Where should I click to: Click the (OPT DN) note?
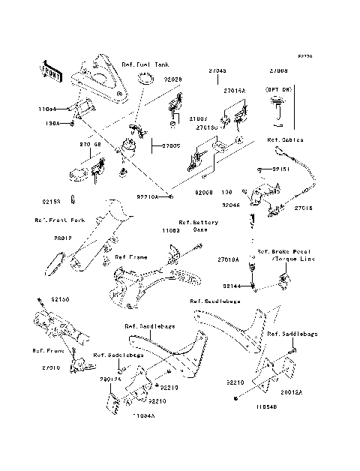[x=277, y=88]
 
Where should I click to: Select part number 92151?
[x=281, y=170]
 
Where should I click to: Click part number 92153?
[x=51, y=201]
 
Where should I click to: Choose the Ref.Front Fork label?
[x=53, y=220]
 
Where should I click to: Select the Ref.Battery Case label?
[x=197, y=226]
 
